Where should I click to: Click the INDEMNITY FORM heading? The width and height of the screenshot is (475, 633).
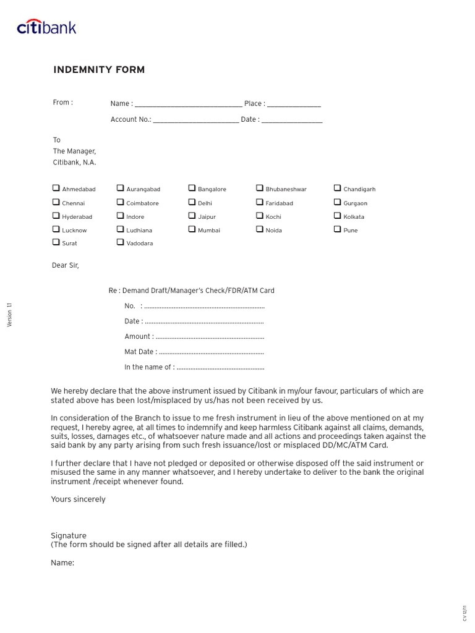[x=99, y=70]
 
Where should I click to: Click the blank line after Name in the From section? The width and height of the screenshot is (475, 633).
[x=188, y=104]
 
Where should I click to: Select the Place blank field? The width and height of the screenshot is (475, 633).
[x=294, y=104]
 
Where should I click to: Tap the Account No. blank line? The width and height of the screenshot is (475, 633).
[x=195, y=121]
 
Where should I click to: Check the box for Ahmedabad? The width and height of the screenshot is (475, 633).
[x=56, y=188]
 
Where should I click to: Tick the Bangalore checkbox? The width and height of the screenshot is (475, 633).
[x=192, y=188]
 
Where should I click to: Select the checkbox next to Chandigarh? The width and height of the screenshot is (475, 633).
[x=338, y=188]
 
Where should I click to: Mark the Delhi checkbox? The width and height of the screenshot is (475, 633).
[x=192, y=202]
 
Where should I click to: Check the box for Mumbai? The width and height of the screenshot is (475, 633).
[x=192, y=229]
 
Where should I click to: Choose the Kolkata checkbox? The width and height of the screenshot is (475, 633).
[x=338, y=216]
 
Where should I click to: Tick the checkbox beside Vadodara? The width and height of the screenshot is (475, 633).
[x=120, y=242]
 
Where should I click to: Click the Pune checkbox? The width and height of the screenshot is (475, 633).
[x=338, y=229]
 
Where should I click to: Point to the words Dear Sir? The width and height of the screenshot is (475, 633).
[x=65, y=266]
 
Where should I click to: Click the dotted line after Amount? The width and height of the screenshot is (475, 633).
[x=210, y=338]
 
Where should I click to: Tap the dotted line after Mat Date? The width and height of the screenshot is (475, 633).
[x=211, y=353]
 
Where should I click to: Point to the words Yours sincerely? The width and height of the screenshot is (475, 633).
[x=78, y=499]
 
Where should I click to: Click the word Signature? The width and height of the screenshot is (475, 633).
[x=69, y=535]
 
